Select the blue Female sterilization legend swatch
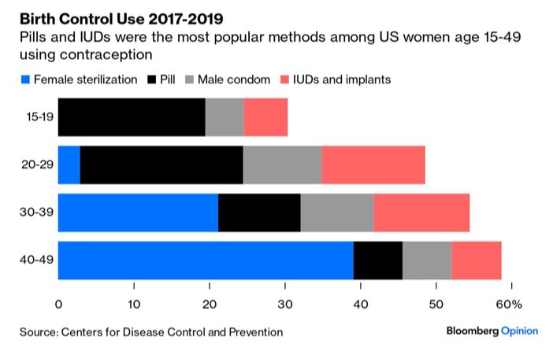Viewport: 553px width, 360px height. coord(24,80)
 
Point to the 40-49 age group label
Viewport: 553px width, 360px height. coord(38,260)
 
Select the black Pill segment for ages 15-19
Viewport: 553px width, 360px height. coord(132,117)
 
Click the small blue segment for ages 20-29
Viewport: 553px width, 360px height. coord(69,165)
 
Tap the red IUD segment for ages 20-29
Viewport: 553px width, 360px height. coord(373,165)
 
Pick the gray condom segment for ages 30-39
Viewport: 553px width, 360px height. coord(337,213)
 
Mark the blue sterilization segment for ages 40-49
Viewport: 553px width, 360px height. coord(206,260)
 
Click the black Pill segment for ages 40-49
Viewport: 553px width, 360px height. coord(378,260)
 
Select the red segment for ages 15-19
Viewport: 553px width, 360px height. coord(265,117)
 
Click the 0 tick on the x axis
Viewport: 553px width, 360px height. coord(59,304)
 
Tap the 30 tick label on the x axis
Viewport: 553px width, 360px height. coord(285,304)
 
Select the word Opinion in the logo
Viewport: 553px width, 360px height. coord(520,332)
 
